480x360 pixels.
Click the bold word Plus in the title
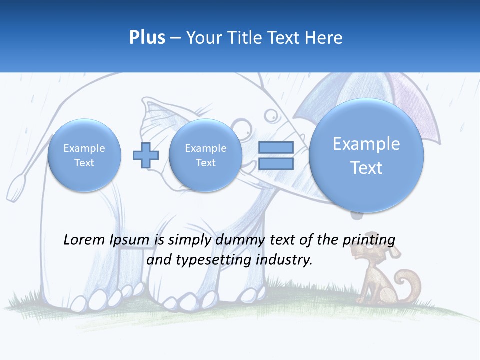(x=147, y=38)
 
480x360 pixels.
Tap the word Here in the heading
(x=325, y=38)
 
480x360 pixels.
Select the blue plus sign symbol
(x=146, y=155)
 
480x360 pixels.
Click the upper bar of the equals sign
(x=275, y=148)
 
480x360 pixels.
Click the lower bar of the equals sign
(x=275, y=163)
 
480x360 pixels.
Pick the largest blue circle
(x=366, y=155)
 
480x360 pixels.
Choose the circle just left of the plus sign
(x=84, y=155)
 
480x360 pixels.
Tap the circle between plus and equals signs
(x=205, y=155)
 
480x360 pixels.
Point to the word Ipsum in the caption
(x=130, y=240)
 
